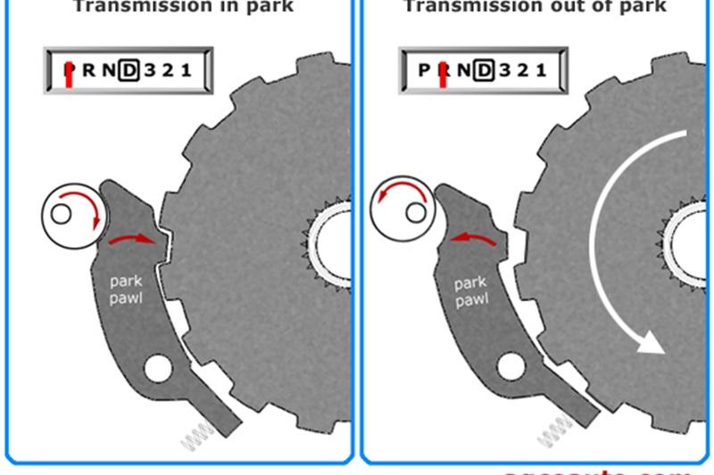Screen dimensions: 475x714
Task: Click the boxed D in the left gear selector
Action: tap(129, 70)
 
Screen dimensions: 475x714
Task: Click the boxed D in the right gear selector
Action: tap(484, 70)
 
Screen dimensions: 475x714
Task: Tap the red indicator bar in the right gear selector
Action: tap(443, 74)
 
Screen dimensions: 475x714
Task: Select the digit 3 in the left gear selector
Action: tap(149, 70)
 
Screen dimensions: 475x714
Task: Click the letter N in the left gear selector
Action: tap(109, 70)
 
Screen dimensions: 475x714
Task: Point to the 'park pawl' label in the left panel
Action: tap(125, 290)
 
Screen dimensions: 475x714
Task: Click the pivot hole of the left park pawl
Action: tap(158, 367)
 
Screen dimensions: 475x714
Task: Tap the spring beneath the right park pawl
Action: tap(553, 430)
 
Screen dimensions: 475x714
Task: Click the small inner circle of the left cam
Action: tap(61, 214)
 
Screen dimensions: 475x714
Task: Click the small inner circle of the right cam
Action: tap(414, 212)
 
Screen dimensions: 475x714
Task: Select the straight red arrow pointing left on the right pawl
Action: tap(473, 238)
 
